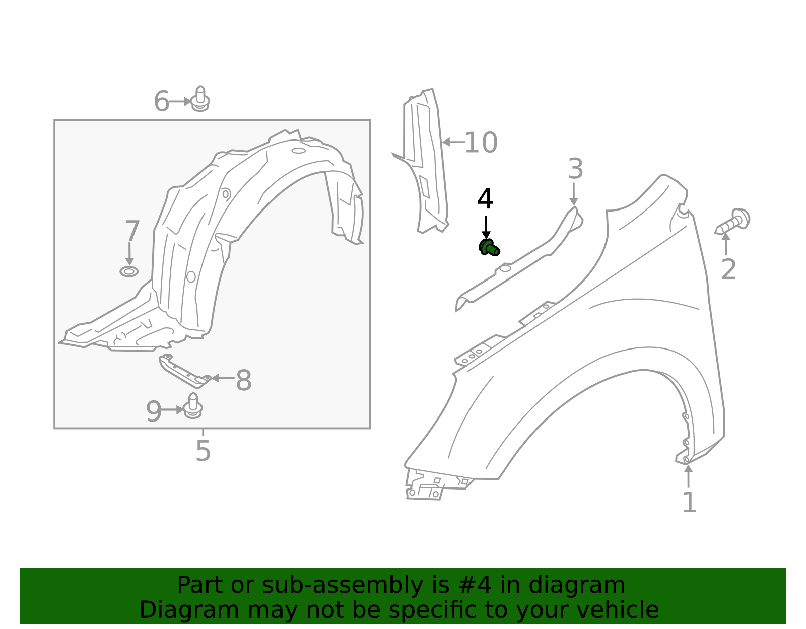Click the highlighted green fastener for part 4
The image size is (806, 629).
coord(489,248)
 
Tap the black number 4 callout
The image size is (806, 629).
coord(485,199)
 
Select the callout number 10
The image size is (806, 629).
coord(481,143)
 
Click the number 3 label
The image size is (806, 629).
coord(575,169)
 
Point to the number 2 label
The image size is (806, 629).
coord(728,270)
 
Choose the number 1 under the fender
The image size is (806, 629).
coord(689,502)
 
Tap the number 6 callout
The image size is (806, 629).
coord(161,102)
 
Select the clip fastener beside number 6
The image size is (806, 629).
coord(200,99)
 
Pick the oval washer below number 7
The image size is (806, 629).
coord(129,271)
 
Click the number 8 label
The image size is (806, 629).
coord(243,381)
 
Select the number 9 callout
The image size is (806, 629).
coord(154,411)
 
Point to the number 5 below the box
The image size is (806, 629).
coord(203,451)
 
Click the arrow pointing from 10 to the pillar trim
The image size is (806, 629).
coord(452,143)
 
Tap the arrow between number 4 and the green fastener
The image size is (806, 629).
coord(486,227)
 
